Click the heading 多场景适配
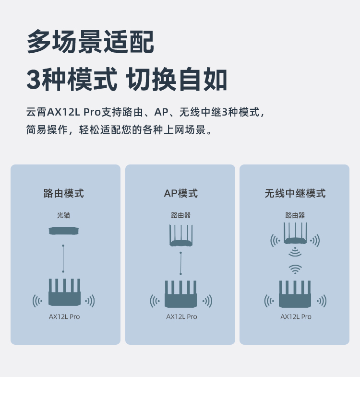click(90, 42)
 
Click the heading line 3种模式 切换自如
click(127, 80)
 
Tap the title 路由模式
click(64, 193)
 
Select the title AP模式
click(180, 193)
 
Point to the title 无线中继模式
click(295, 193)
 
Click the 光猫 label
click(63, 215)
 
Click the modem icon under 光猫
click(63, 231)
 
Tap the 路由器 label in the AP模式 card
click(180, 215)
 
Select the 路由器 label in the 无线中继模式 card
click(295, 215)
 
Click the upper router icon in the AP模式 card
click(181, 237)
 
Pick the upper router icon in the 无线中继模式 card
click(295, 234)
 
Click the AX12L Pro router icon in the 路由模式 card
click(64, 293)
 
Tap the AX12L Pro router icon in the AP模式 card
click(180, 295)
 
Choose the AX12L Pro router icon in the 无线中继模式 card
click(295, 295)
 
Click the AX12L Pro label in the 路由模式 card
click(64, 317)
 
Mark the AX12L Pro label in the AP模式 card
click(181, 317)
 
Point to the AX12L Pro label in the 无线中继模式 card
click(296, 317)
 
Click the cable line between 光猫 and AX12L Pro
click(63, 258)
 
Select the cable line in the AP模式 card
click(181, 263)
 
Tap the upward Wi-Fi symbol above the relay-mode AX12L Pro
click(295, 269)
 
